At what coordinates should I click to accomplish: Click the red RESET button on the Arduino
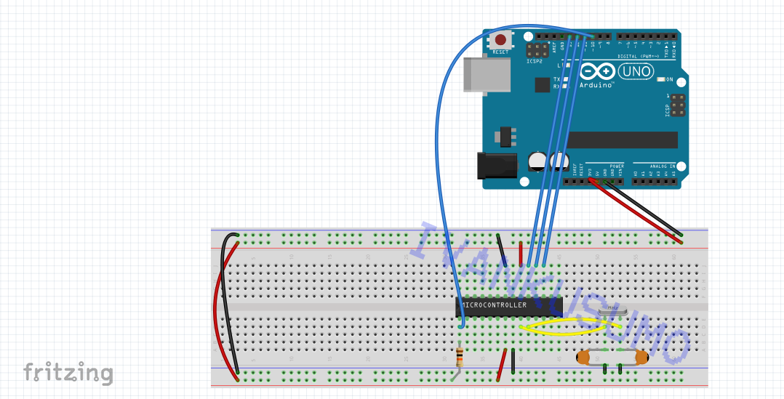point(500,41)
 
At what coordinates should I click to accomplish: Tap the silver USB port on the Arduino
point(486,74)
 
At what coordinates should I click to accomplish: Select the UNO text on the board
point(635,72)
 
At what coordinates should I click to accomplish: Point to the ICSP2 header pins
point(537,50)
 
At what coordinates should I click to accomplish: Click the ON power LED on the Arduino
point(661,79)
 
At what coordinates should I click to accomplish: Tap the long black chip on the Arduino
point(622,140)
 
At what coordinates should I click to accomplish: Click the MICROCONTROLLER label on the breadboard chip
point(495,305)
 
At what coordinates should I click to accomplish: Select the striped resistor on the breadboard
point(459,357)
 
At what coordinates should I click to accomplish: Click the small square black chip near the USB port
point(542,85)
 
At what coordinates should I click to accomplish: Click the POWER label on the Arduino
point(607,166)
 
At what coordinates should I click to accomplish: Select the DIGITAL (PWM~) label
point(638,56)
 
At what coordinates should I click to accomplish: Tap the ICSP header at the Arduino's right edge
point(677,106)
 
